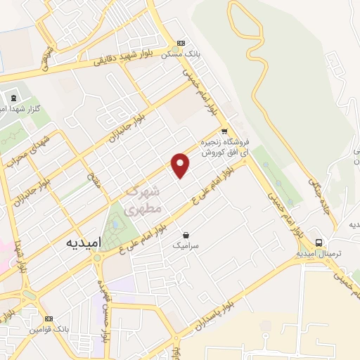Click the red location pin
(181, 165)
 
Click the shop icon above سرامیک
(186, 234)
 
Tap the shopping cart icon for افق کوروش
(224, 131)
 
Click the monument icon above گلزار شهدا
(13, 97)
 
